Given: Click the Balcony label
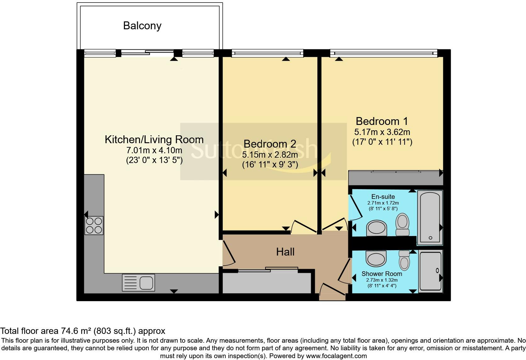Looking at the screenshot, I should click(142, 25).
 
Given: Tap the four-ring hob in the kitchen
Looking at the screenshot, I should click(94, 225).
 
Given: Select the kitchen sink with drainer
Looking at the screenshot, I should click(138, 282).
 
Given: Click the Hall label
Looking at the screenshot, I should click(285, 252).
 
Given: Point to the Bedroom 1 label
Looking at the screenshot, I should click(382, 121).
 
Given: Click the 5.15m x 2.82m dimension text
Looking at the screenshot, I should click(270, 155).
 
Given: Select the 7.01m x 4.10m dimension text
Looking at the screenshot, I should click(154, 150).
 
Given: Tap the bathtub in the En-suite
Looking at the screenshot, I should click(430, 217).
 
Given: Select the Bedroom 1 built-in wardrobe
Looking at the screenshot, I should click(395, 178).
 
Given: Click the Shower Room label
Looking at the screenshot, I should click(382, 273).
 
